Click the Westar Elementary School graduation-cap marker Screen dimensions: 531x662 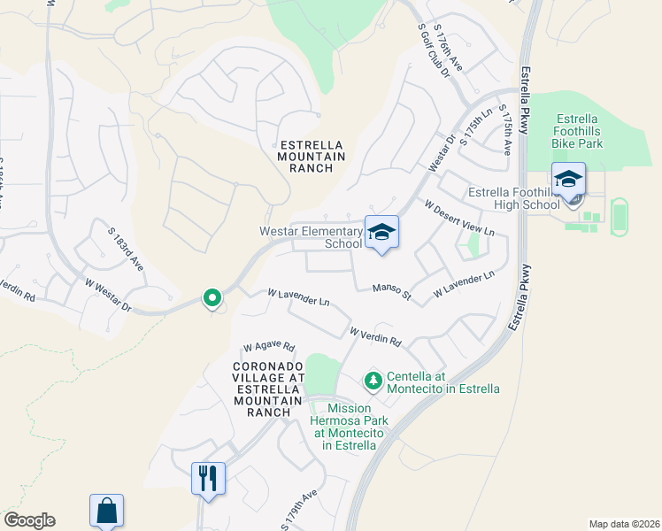click(x=382, y=233)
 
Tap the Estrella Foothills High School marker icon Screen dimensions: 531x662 click(x=568, y=180)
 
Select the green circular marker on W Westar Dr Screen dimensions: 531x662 click(x=212, y=298)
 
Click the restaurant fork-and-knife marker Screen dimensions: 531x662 click(x=208, y=479)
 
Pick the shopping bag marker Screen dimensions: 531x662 click(x=106, y=511)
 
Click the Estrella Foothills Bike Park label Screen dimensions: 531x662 click(x=577, y=130)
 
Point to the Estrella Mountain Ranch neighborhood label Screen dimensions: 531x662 click(x=312, y=156)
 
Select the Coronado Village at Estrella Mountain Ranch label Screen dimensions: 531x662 click(x=262, y=389)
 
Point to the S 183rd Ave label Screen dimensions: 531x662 click(x=126, y=248)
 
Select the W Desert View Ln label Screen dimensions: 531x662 click(x=458, y=218)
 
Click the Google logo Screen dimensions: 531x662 click(x=29, y=520)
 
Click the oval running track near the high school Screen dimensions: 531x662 click(x=620, y=217)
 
